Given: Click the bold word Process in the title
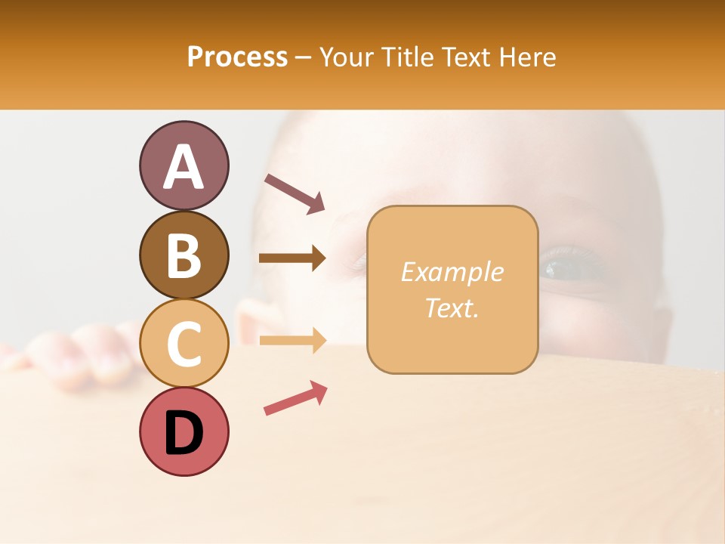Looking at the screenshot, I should coord(237,57).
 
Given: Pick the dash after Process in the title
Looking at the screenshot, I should coord(303,58).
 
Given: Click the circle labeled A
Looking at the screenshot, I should coord(184,165).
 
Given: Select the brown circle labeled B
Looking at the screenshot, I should coord(184,255).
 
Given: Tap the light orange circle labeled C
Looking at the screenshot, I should coord(184,344).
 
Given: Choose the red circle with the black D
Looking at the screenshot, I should coord(184,432).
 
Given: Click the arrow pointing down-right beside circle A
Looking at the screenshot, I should coord(295,193).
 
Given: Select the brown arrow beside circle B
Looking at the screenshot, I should coord(292,258).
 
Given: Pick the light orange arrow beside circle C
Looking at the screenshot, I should coord(292,340).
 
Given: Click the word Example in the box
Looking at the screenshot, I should coord(452,272).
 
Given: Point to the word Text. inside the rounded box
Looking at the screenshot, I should coord(452,308).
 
